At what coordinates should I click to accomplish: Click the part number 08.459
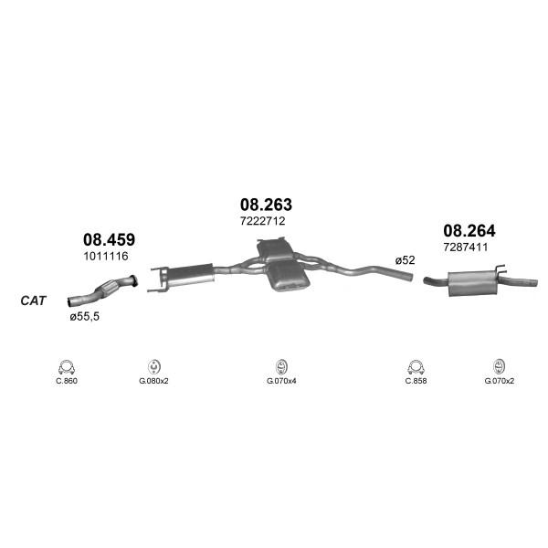pyautogui.click(x=109, y=239)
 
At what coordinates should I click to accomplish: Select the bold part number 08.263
pyautogui.click(x=266, y=205)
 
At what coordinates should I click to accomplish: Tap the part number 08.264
pyautogui.click(x=469, y=231)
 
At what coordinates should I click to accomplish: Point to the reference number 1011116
pyautogui.click(x=106, y=256)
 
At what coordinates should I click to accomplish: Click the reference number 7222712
pyautogui.click(x=262, y=221)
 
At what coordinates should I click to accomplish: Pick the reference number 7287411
pyautogui.click(x=466, y=248)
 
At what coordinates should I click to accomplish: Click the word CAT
pyautogui.click(x=33, y=300)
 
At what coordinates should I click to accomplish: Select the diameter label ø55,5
pyautogui.click(x=84, y=317)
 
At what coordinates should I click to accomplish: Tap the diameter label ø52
pyautogui.click(x=405, y=260)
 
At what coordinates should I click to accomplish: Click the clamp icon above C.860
pyautogui.click(x=67, y=367)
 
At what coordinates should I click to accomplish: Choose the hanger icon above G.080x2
pyautogui.click(x=153, y=366)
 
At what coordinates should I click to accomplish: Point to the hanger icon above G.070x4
pyautogui.click(x=281, y=366)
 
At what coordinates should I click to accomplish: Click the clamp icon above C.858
pyautogui.click(x=416, y=367)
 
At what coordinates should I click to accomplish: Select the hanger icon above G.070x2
pyautogui.click(x=499, y=366)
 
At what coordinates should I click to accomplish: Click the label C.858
pyautogui.click(x=416, y=381)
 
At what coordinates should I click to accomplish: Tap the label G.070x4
pyautogui.click(x=281, y=381)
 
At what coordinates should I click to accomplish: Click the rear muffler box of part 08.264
pyautogui.click(x=472, y=283)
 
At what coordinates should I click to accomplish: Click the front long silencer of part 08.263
pyautogui.click(x=191, y=275)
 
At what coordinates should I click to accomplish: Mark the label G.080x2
pyautogui.click(x=153, y=381)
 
